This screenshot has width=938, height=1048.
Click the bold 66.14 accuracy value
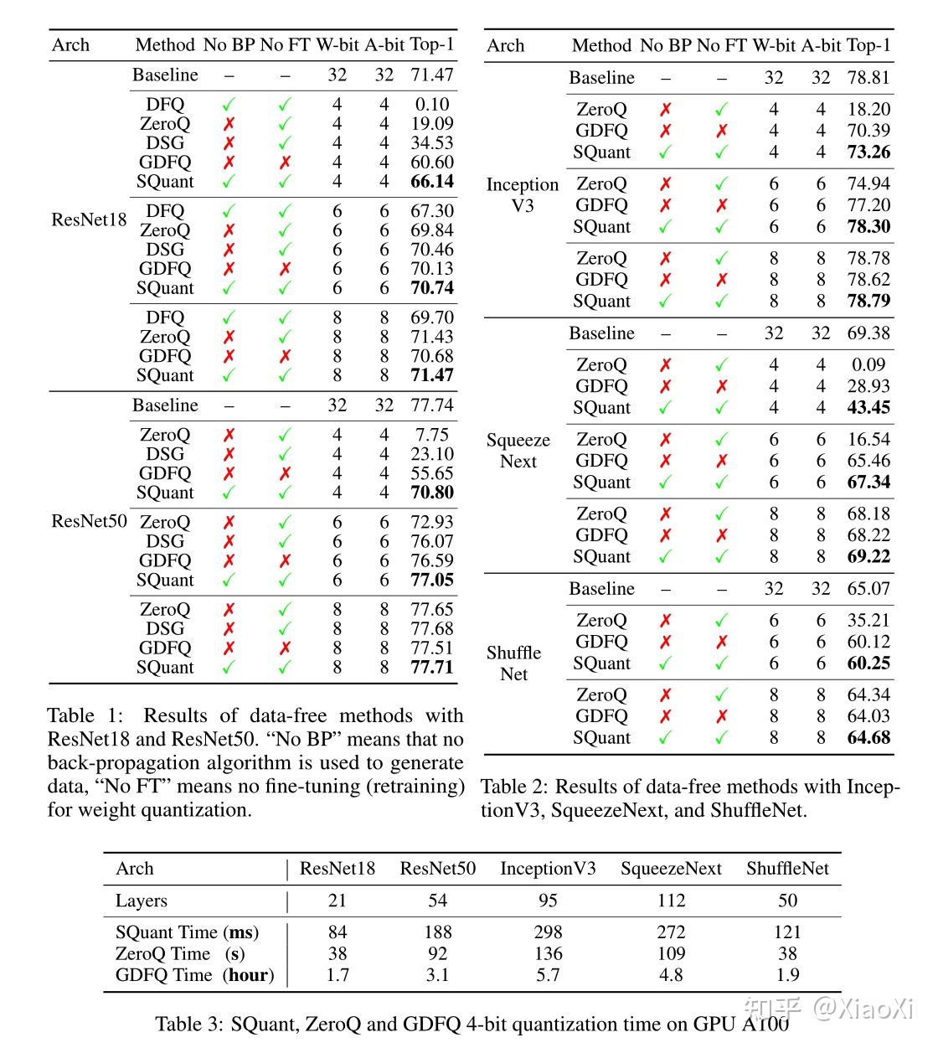[432, 182]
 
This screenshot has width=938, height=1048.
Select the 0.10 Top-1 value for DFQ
[432, 105]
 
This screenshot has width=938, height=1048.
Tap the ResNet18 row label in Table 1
[89, 220]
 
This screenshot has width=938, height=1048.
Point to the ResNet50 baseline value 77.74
[432, 405]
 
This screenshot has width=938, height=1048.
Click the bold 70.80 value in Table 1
[432, 493]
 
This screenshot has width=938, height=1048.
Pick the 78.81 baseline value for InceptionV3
[868, 78]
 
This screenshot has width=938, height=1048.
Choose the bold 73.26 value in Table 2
[868, 152]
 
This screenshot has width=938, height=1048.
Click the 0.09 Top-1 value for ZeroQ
[868, 365]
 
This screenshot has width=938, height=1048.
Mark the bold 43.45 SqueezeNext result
[868, 408]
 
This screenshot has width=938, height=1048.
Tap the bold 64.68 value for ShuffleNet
[868, 738]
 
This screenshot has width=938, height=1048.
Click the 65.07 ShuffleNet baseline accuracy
[868, 589]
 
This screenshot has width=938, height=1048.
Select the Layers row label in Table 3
[142, 901]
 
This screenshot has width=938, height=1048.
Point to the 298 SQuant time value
[548, 932]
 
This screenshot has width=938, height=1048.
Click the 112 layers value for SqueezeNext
[671, 901]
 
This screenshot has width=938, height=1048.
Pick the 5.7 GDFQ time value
[548, 975]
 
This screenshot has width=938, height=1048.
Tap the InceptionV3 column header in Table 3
[548, 869]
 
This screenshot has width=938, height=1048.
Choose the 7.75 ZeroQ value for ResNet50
[432, 435]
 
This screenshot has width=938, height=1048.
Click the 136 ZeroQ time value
[548, 954]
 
